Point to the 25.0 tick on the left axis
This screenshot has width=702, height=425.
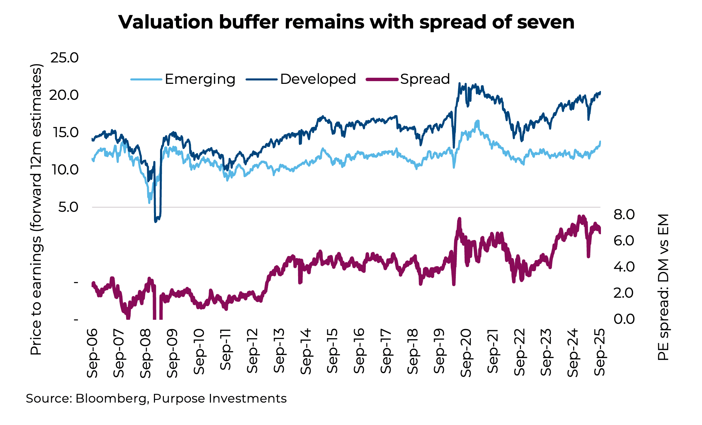coord(64,58)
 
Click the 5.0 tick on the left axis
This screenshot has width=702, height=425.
coord(68,207)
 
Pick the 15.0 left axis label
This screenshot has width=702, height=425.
coord(64,132)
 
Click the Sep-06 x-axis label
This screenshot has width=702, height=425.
coord(92,353)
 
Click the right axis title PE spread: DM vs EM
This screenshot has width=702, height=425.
coord(663,287)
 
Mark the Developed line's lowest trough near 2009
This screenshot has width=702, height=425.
coord(156,221)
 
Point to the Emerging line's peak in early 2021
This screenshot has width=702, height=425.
coord(477,121)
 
